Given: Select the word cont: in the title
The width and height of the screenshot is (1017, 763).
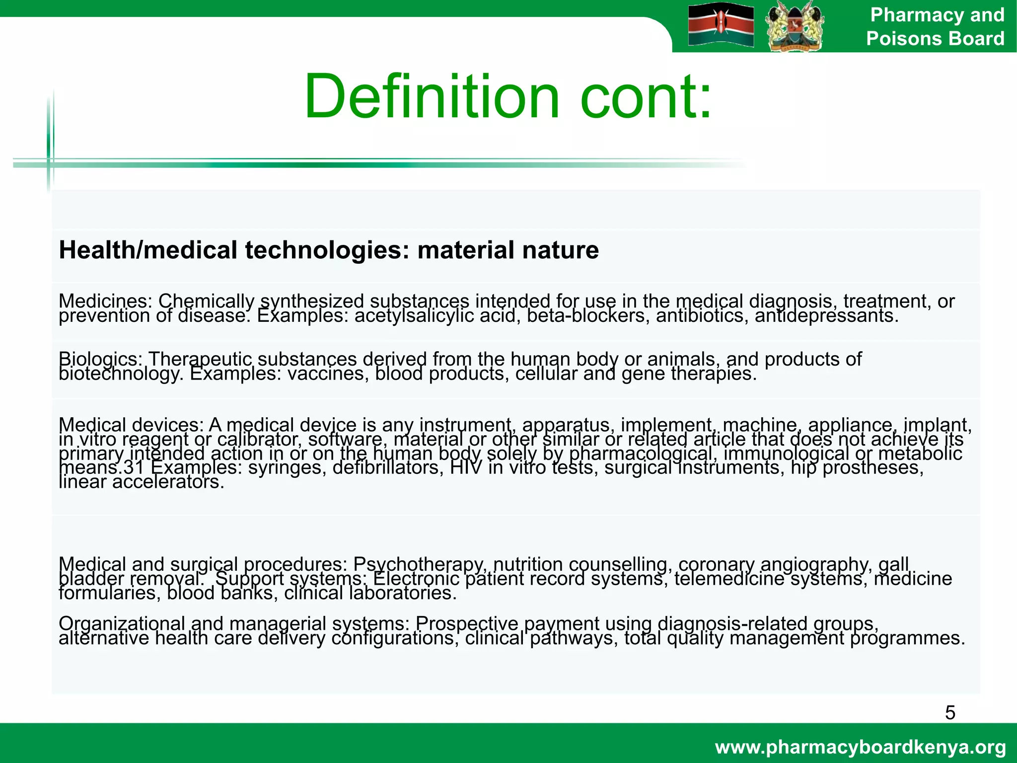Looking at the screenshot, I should tap(646, 96).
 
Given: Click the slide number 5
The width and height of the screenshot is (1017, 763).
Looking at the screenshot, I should tap(950, 713).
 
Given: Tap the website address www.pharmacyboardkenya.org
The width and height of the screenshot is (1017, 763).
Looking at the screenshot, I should tap(861, 747).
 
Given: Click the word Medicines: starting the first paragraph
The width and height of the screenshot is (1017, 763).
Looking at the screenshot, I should tap(105, 301).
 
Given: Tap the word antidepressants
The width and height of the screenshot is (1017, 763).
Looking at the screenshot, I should tap(827, 316).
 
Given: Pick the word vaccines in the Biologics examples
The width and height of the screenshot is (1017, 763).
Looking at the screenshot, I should tap(328, 374).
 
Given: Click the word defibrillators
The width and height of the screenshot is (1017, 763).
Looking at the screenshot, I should tap(388, 468).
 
